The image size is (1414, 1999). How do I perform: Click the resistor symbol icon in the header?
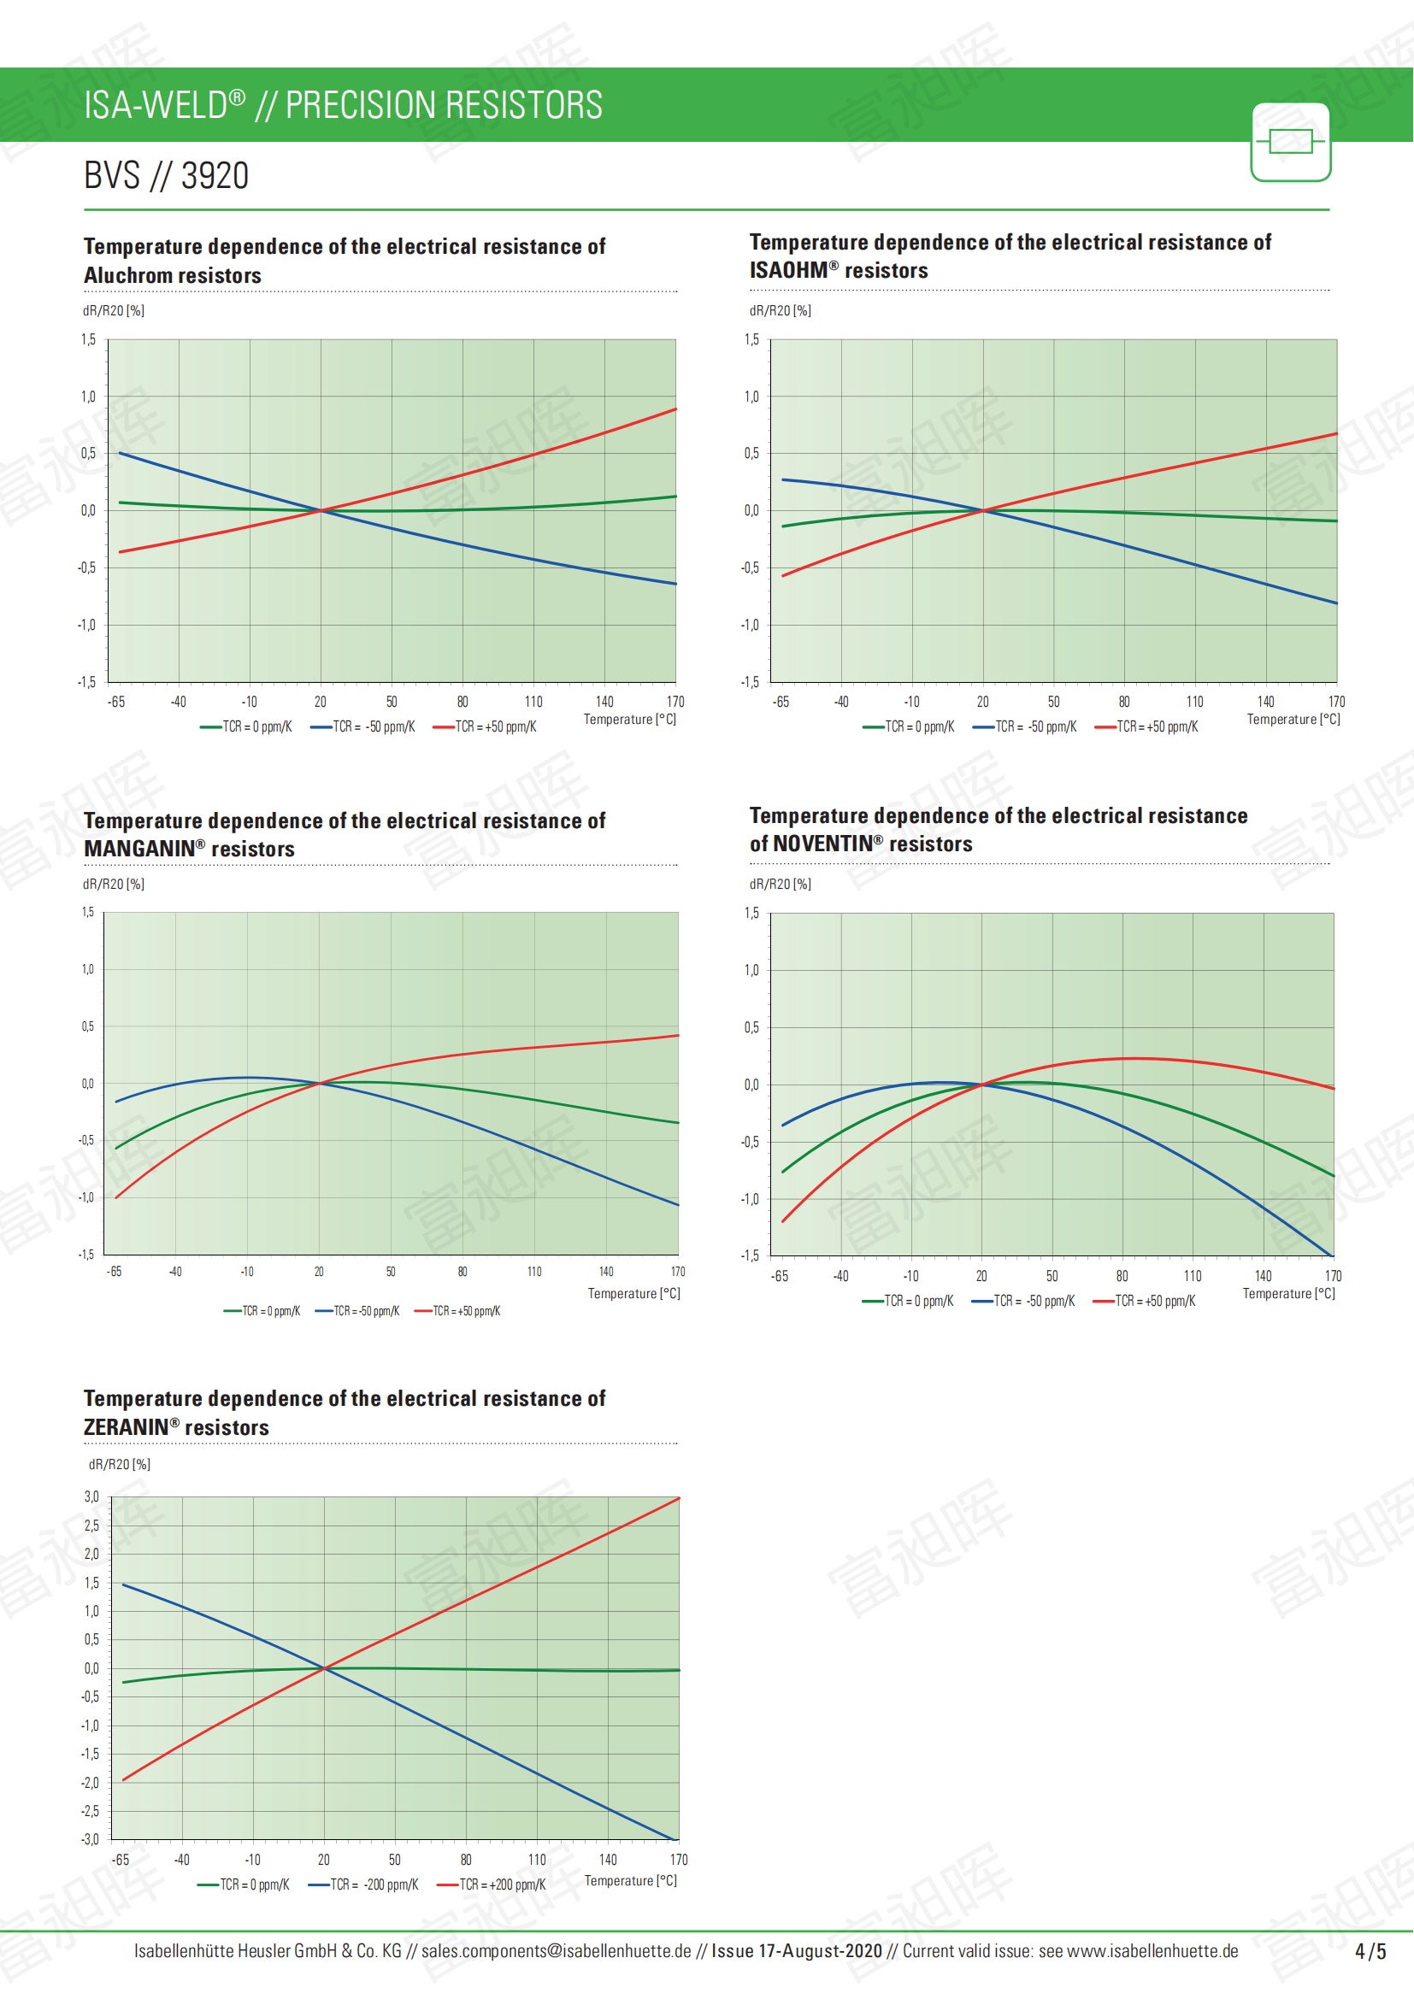[1290, 142]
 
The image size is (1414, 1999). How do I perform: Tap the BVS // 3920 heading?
[167, 176]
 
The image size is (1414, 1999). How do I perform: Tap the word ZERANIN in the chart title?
[126, 1427]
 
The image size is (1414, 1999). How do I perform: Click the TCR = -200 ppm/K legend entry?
[364, 1884]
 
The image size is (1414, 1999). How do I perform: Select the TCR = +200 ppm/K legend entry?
[492, 1884]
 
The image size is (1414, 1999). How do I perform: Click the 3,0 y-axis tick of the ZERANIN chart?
[91, 1496]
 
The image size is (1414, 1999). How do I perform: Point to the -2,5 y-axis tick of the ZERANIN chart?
[90, 1811]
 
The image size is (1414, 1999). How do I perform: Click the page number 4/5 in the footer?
[1370, 1951]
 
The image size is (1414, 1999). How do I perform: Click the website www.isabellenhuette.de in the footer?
[1152, 1951]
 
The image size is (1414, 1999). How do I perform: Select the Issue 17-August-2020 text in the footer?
[796, 1951]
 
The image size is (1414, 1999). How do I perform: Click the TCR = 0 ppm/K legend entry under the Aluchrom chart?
[246, 727]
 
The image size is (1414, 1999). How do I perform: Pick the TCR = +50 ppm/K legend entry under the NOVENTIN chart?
[1144, 1301]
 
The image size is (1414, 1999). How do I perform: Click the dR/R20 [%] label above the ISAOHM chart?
[781, 311]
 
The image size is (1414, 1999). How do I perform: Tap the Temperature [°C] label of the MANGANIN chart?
[633, 1294]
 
